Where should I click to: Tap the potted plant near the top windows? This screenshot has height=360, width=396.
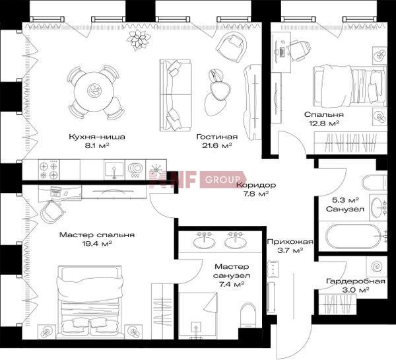(139, 40)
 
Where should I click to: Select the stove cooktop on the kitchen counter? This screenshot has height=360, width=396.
(49, 170)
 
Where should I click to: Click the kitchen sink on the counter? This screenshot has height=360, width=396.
(114, 170)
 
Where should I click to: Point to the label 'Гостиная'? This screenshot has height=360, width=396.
(217, 137)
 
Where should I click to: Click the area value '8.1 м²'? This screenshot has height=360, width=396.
(97, 146)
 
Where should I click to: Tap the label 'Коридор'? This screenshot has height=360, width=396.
(256, 186)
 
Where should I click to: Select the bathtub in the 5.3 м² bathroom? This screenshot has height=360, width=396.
(353, 237)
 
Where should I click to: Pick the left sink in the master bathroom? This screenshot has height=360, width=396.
(205, 240)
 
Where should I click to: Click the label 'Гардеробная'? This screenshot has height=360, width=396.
(356, 281)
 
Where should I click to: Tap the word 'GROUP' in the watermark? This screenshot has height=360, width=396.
(223, 180)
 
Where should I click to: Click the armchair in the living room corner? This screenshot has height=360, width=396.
(232, 48)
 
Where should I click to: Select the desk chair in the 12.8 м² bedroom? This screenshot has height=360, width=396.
(300, 51)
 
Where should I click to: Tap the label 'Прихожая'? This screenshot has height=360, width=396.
(290, 242)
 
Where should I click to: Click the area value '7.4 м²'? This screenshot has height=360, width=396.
(232, 285)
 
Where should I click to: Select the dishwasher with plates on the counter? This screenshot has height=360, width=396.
(135, 170)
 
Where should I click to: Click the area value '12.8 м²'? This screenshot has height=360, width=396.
(324, 124)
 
